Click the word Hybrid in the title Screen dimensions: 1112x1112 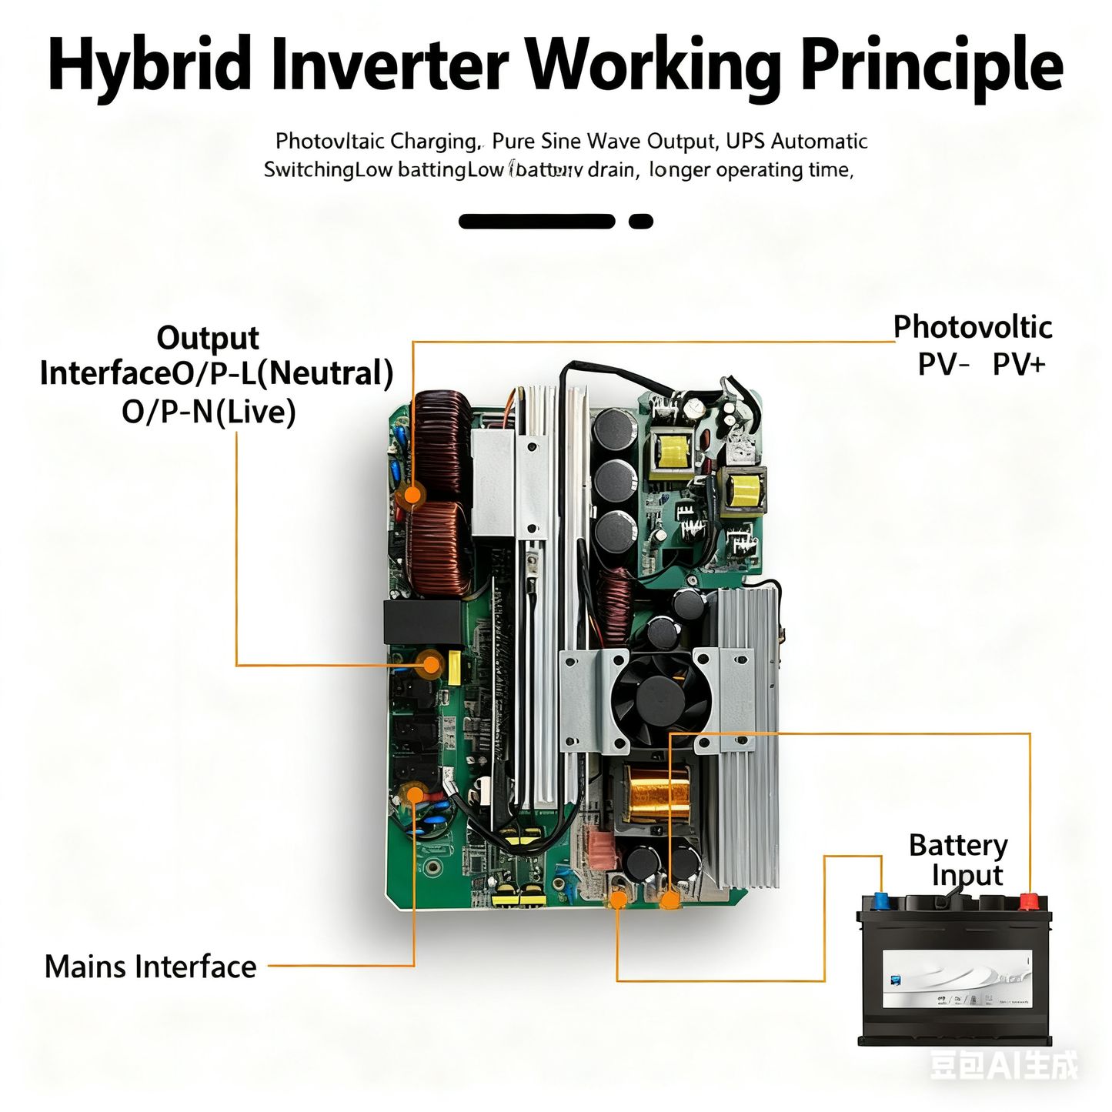point(149,65)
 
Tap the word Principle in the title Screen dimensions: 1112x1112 point(932,65)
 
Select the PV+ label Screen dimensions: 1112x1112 point(1019,363)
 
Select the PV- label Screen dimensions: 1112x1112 point(943,363)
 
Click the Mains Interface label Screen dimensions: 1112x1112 point(150,967)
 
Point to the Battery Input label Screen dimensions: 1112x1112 point(959,860)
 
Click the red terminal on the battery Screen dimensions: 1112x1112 point(1029,900)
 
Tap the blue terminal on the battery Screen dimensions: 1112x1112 point(880,901)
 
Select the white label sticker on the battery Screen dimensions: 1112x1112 point(957,980)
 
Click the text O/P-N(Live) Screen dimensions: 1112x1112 point(209,412)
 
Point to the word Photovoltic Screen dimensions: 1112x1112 point(972,327)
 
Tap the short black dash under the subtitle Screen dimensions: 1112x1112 point(641,222)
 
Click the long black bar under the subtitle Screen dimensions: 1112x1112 point(537,222)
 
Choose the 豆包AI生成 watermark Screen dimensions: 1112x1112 point(1003,1066)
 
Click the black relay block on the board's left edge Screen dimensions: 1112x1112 point(422,622)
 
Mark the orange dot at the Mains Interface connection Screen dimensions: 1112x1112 point(415,794)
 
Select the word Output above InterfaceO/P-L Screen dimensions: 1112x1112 point(208,338)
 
